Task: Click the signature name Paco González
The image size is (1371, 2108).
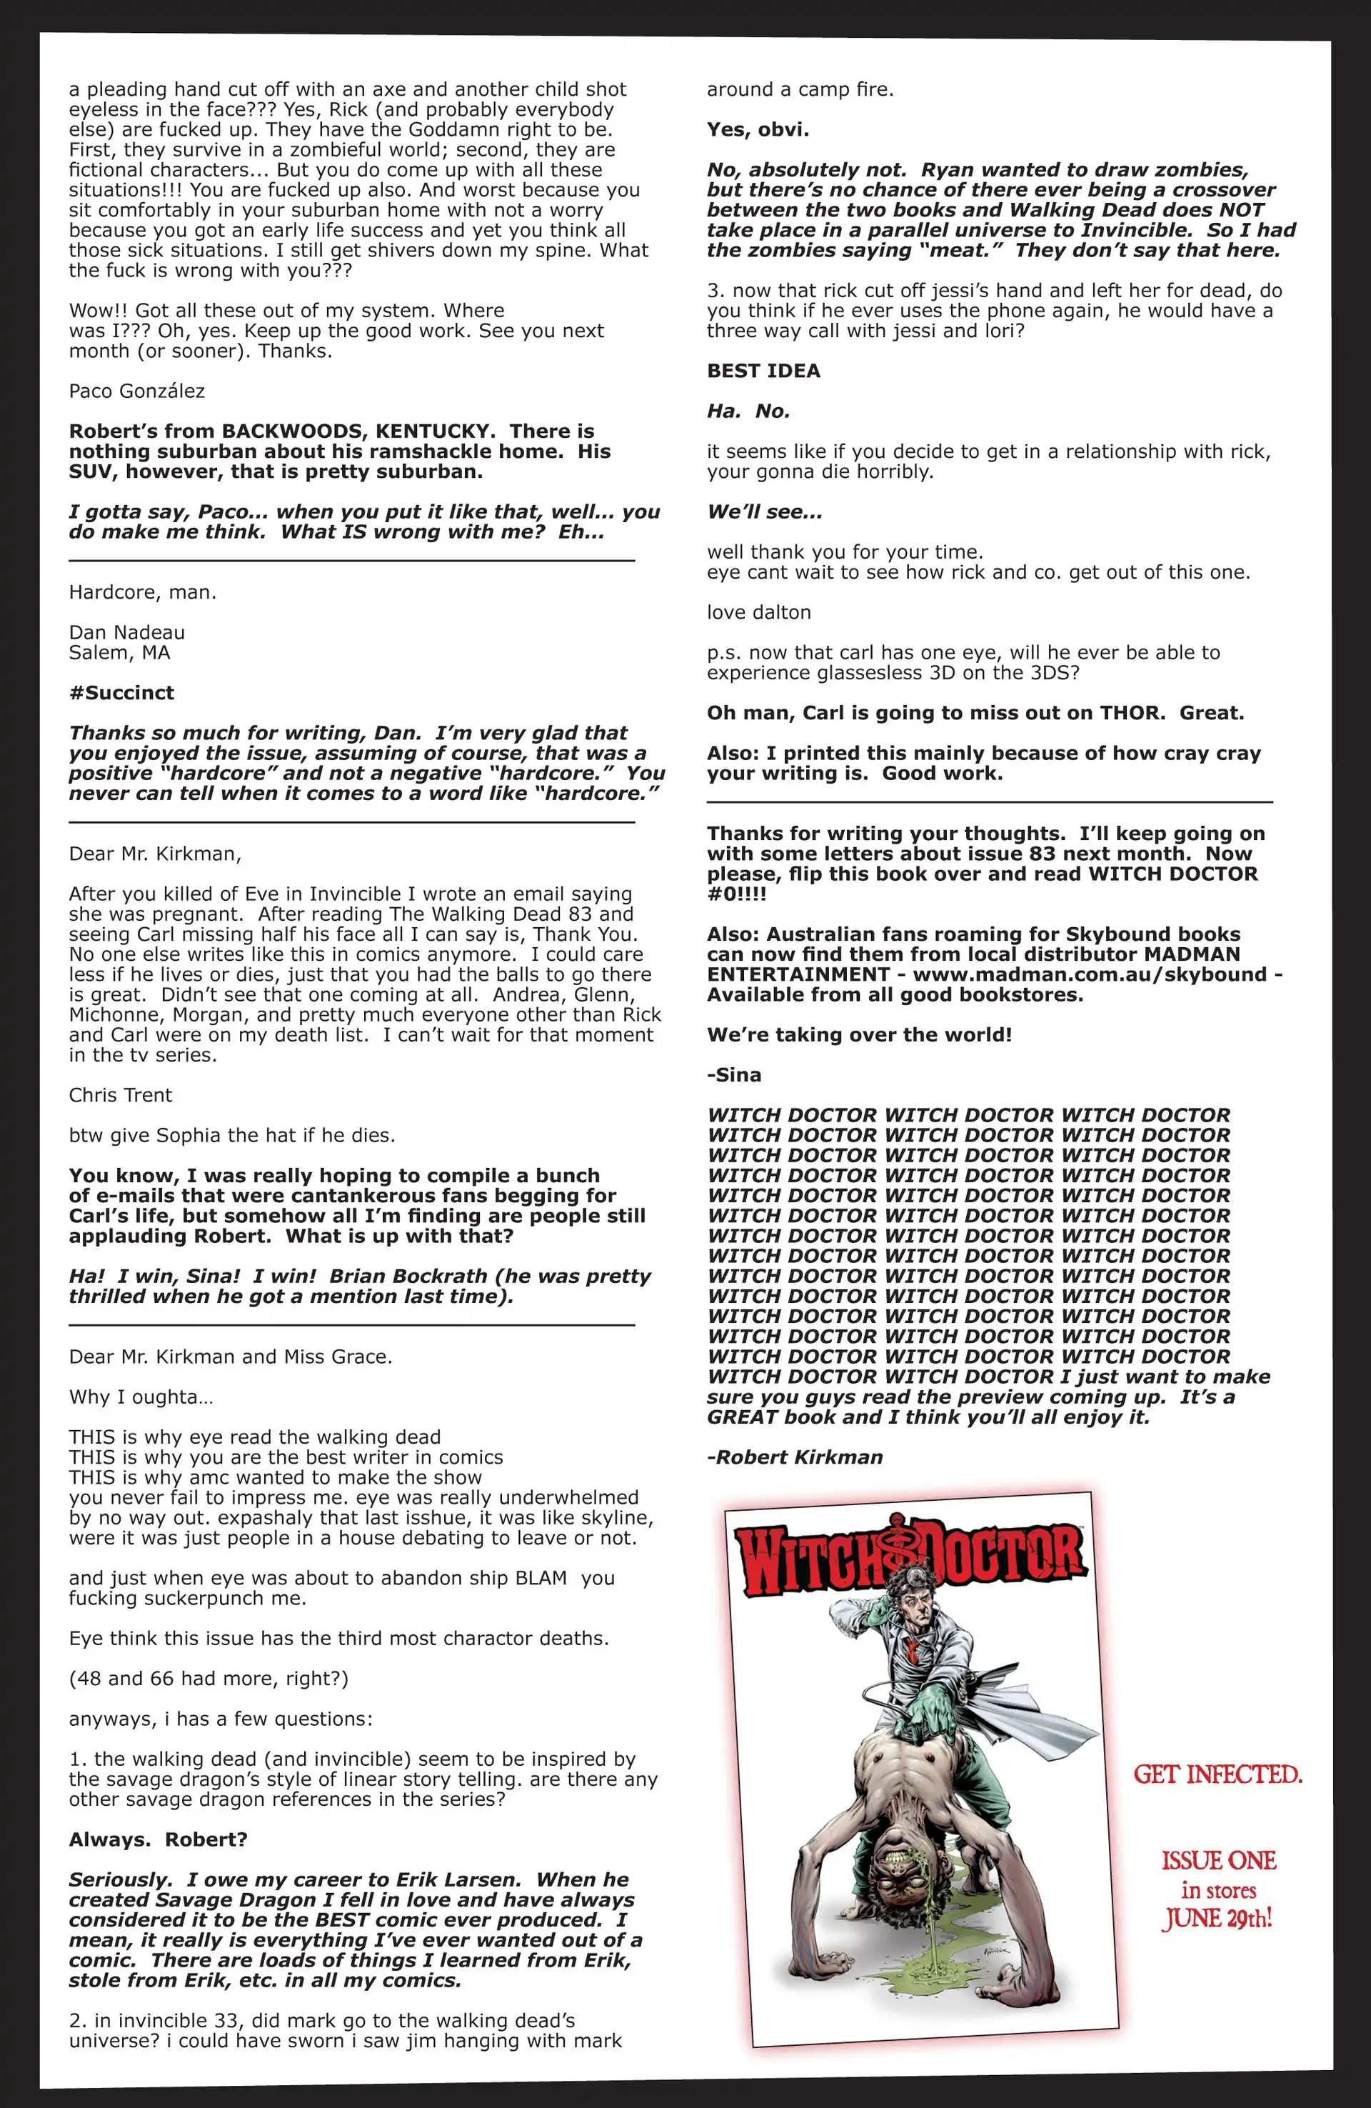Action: [x=136, y=391]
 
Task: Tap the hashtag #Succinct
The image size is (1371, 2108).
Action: [x=121, y=693]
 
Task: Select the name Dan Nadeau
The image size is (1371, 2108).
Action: [x=126, y=632]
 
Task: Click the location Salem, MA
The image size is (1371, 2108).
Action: [x=119, y=653]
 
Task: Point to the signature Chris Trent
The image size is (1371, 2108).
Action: [x=121, y=1095]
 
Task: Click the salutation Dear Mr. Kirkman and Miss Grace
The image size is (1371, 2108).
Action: [x=230, y=1356]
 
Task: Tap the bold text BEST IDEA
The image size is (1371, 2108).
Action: [x=763, y=371]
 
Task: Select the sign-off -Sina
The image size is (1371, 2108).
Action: [x=734, y=1074]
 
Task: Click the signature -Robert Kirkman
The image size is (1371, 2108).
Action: [x=795, y=1457]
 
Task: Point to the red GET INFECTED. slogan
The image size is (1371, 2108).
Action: [x=1217, y=1775]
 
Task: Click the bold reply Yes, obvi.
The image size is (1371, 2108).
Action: [x=757, y=129]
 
